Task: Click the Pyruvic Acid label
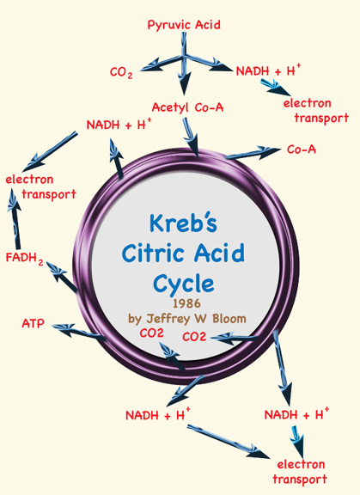coord(184,25)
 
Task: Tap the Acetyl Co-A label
coord(187,107)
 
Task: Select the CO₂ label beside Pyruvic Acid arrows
coord(121,72)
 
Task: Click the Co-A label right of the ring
coord(302,150)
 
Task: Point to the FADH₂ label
coord(25,258)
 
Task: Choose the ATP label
coord(34,324)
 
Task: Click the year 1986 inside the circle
coord(186,303)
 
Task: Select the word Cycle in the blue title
coord(184,284)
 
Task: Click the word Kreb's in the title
coord(183,223)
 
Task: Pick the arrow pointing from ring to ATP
coord(79,332)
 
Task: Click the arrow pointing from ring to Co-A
coord(253,152)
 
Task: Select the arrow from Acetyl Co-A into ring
coord(192,137)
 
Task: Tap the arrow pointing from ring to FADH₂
coord(62,277)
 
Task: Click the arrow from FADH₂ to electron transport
coord(15,218)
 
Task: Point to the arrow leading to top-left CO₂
coord(162,64)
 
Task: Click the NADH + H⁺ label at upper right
coord(268,70)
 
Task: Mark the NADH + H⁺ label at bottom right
coord(296,414)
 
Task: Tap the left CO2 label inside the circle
coord(152,333)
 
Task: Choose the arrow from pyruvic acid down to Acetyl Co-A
coord(184,63)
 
